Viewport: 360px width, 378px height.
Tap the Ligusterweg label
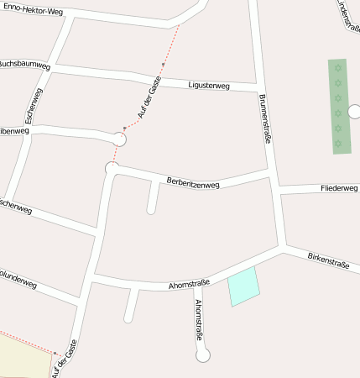pos(209,84)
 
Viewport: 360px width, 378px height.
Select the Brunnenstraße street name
pos(266,118)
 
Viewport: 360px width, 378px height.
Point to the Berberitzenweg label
pos(193,182)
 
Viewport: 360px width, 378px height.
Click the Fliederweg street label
pos(339,188)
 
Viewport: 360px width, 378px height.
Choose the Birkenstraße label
pos(328,260)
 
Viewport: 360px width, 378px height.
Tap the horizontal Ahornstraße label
pos(189,285)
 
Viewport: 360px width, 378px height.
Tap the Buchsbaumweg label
pos(23,64)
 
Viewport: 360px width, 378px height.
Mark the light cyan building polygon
pos(243,286)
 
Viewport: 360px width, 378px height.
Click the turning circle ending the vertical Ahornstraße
pos(202,355)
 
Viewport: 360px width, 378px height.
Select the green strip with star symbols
pos(339,106)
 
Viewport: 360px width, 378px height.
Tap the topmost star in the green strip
pos(338,67)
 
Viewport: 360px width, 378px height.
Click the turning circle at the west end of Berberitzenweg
pos(112,169)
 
